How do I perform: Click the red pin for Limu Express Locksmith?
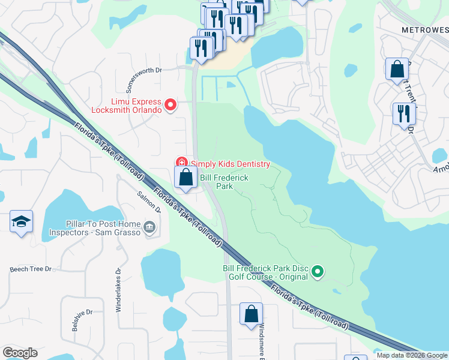(x=170, y=106)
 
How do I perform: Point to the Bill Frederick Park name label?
(x=224, y=182)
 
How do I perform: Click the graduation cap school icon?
(x=22, y=222)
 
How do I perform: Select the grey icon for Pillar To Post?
(x=149, y=227)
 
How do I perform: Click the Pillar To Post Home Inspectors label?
(x=95, y=227)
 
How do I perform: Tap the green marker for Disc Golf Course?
(x=318, y=272)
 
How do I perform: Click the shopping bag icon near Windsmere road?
(x=251, y=314)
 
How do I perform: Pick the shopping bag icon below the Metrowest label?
(x=397, y=69)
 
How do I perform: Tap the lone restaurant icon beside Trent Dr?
(x=404, y=113)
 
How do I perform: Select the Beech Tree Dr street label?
(x=31, y=269)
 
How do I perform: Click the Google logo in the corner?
(x=20, y=353)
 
